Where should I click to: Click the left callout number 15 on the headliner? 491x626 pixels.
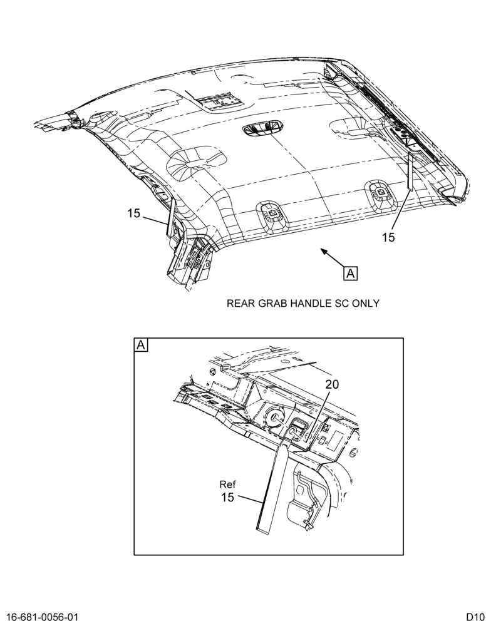pos(134,213)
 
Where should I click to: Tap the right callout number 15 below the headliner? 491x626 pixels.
pos(388,237)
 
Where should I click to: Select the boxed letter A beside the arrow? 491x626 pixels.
pos(350,274)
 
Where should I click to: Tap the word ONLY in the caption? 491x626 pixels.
pos(365,304)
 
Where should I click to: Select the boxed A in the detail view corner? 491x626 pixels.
pos(141,344)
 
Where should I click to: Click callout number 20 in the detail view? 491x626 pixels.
pos(331,384)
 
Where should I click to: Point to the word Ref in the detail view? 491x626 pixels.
pos(227,485)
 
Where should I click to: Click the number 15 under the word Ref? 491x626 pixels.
pos(227,498)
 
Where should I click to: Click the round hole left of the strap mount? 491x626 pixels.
pos(275,418)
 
